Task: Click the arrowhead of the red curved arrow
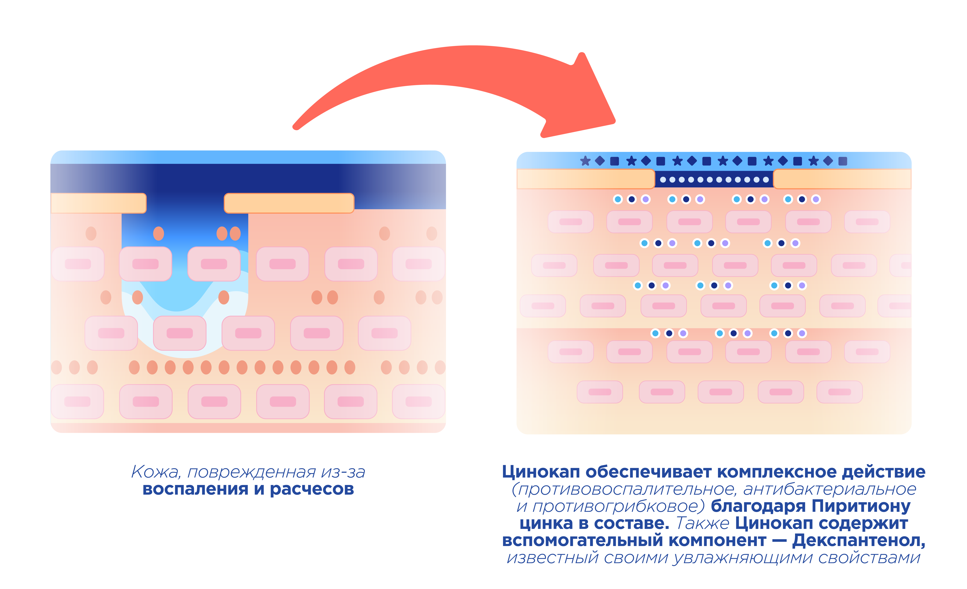pos(585,102)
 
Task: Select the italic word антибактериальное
pos(830,489)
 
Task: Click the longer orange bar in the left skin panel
pos(289,203)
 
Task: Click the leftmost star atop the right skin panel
pos(585,161)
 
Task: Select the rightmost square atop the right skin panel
pos(843,161)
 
